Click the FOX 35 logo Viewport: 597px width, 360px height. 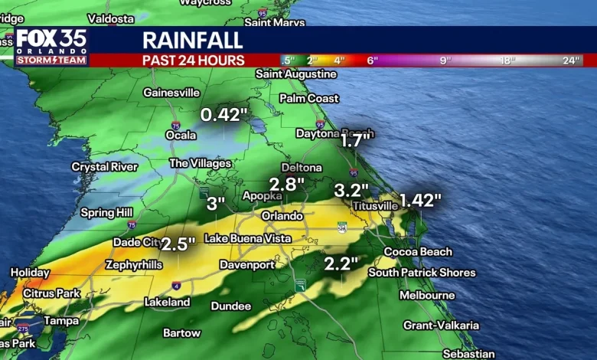(51, 46)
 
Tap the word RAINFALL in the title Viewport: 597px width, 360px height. (192, 41)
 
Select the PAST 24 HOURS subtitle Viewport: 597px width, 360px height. (193, 61)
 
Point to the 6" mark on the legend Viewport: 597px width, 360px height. (372, 61)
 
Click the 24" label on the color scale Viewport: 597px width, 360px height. (571, 61)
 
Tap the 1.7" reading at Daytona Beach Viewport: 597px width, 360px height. (356, 140)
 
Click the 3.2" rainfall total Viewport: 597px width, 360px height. (352, 189)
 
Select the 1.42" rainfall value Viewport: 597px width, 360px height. (420, 201)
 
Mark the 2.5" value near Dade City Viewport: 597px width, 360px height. (178, 244)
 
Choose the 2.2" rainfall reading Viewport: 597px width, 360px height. (341, 263)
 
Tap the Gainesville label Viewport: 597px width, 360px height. (171, 93)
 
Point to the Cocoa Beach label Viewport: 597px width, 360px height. (418, 251)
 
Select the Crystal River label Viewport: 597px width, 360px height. (105, 166)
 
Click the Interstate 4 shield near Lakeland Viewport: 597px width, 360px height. (176, 285)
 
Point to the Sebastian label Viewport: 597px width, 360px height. (468, 353)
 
